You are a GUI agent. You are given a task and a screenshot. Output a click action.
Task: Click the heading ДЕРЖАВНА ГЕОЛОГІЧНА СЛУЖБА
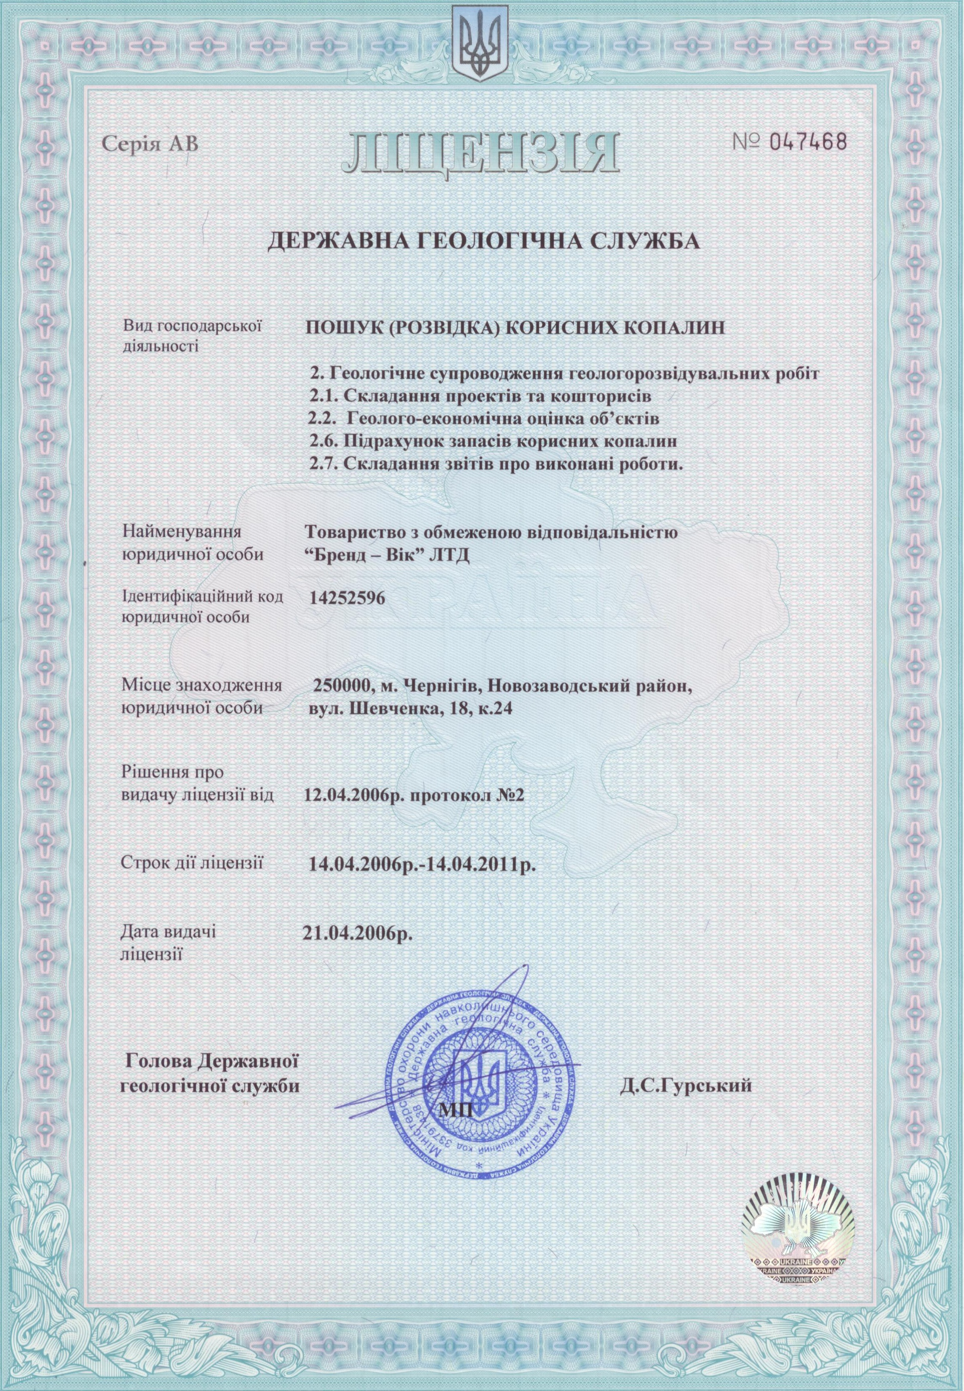click(483, 242)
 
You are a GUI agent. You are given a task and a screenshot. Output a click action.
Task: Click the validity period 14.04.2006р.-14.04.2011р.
click(422, 864)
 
